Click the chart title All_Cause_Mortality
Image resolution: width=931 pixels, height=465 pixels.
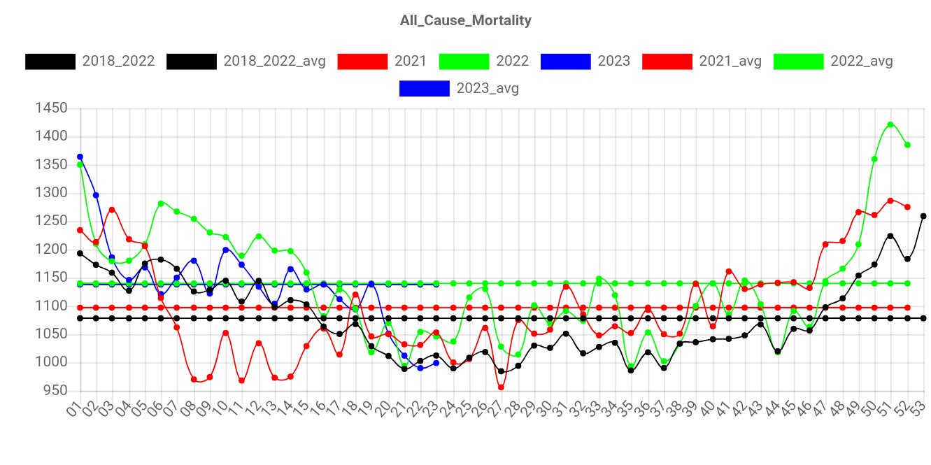coord(465,20)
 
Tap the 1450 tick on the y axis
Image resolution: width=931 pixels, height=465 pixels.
coord(52,108)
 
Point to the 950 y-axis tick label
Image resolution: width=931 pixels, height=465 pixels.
coord(55,390)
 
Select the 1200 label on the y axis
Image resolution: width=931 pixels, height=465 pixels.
coord(52,249)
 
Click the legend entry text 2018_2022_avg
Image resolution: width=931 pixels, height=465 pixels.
coord(274,62)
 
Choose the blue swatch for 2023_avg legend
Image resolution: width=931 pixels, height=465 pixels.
coord(425,89)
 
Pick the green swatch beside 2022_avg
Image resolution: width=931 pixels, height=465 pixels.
coord(798,62)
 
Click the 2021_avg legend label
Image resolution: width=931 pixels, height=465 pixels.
coord(730,62)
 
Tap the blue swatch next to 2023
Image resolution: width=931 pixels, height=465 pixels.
coord(566,62)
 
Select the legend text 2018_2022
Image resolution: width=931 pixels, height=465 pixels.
coord(118,62)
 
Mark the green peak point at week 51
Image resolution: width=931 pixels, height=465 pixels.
coord(890,124)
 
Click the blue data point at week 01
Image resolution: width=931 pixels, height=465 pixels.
coord(80,157)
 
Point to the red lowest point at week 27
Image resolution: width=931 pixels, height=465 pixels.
coord(501,387)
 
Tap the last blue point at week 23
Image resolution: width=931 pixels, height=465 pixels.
coord(436,363)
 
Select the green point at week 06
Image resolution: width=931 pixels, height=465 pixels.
coord(161,203)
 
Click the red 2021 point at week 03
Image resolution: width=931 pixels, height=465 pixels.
coord(112,210)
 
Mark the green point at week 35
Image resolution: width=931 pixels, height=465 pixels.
coord(631,365)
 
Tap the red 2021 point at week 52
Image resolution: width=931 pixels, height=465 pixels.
coord(907,207)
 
